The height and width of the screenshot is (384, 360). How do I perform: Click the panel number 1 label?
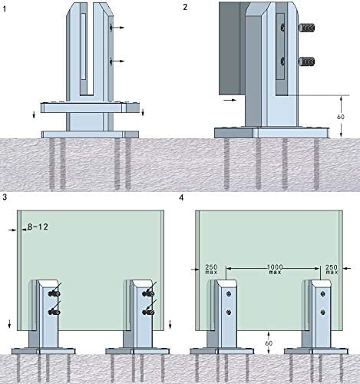pyautogui.click(x=4, y=8)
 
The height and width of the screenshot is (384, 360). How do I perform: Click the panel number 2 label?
pyautogui.click(x=185, y=7)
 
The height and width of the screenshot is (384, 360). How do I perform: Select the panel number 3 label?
pyautogui.click(x=5, y=197)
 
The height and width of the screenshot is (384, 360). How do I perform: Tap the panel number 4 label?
pyautogui.click(x=181, y=198)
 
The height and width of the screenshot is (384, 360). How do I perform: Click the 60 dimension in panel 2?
pyautogui.click(x=341, y=117)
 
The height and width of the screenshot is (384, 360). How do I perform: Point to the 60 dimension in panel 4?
pyautogui.click(x=269, y=343)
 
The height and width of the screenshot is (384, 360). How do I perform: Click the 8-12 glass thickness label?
pyautogui.click(x=38, y=227)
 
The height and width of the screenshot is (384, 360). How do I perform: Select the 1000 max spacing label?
pyautogui.click(x=275, y=270)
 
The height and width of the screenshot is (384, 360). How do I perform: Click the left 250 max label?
pyautogui.click(x=211, y=270)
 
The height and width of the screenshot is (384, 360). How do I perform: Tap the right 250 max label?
pyautogui.click(x=332, y=270)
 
